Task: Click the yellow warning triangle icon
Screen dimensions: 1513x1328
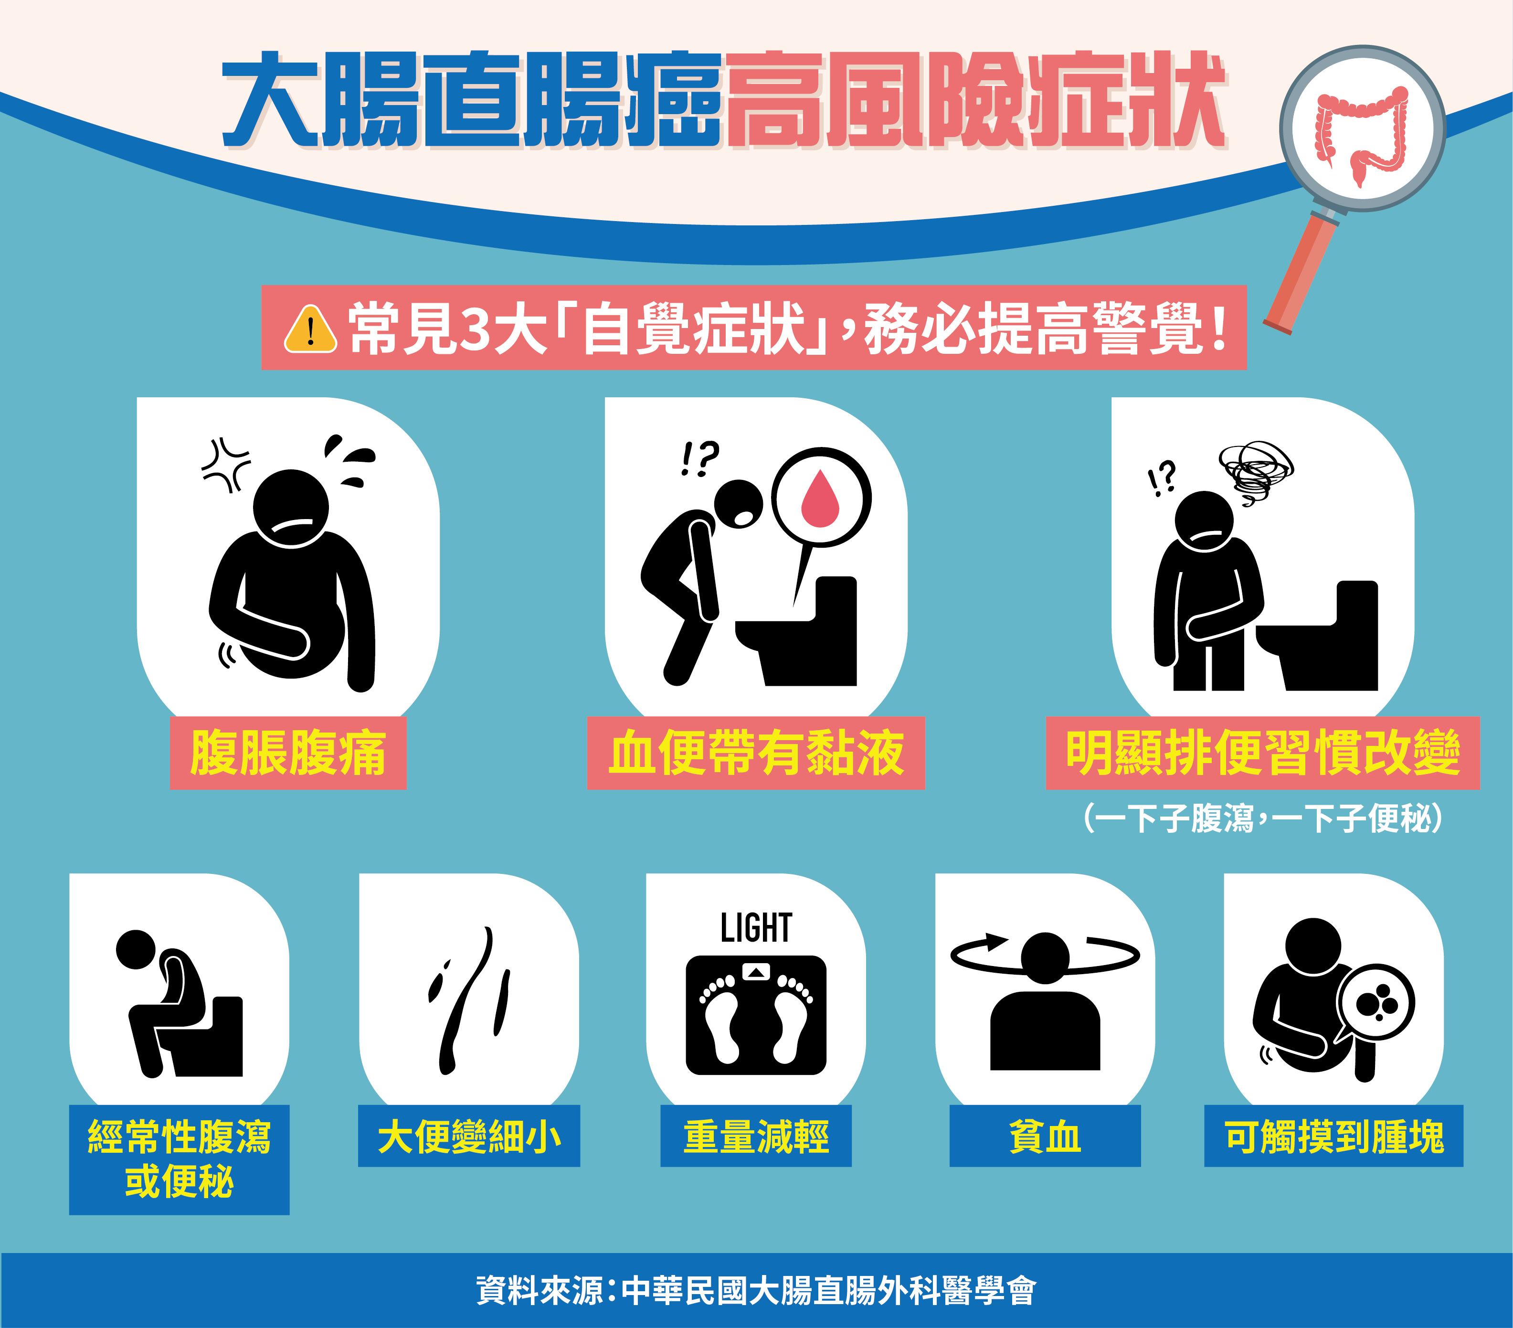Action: click(x=311, y=329)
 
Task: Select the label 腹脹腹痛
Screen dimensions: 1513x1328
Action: click(x=288, y=753)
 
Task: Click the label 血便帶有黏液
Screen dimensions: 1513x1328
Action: click(x=756, y=753)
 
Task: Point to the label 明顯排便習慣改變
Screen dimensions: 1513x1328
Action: click(x=1262, y=753)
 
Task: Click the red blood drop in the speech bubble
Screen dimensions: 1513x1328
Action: click(x=821, y=498)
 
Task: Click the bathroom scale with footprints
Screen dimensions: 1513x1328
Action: click(x=756, y=1015)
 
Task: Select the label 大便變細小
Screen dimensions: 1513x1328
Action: click(x=469, y=1137)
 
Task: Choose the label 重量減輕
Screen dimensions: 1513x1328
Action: click(x=756, y=1137)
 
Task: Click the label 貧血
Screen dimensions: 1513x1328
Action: click(x=1045, y=1137)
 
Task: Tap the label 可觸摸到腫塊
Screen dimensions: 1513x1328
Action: click(x=1334, y=1137)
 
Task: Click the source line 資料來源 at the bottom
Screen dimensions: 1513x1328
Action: click(x=756, y=1290)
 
